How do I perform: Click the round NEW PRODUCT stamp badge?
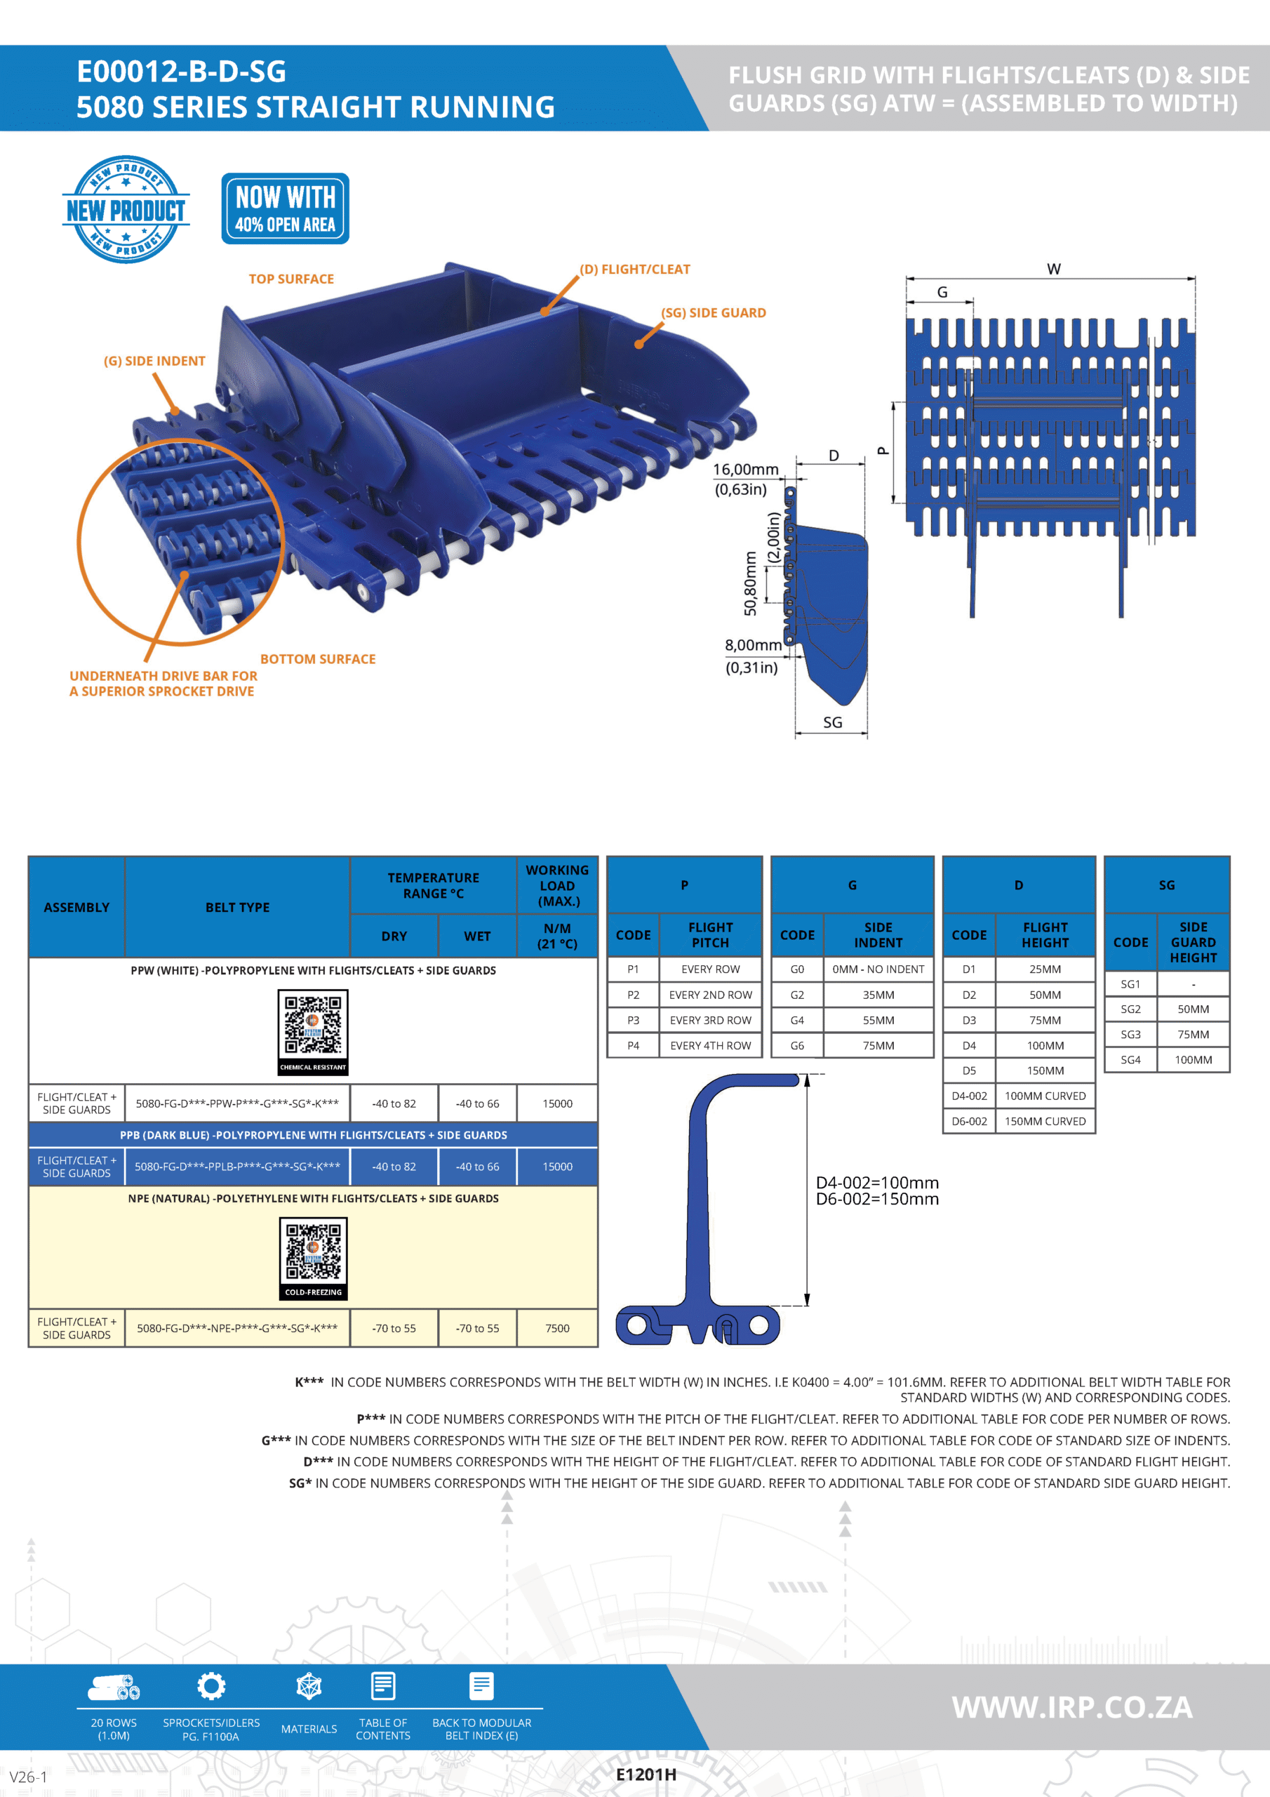pos(126,209)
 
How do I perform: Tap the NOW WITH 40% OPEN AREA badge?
pos(285,209)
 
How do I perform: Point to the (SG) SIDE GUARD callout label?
pos(713,313)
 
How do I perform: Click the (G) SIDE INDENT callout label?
pos(154,361)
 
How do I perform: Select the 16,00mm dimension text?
pos(745,470)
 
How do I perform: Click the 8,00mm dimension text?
pos(752,645)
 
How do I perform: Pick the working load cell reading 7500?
pos(557,1328)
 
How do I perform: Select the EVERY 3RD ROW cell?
pos(710,1021)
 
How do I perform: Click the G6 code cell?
pos(796,1046)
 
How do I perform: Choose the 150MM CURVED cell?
pos(1045,1122)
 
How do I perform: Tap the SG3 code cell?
pos(1130,1035)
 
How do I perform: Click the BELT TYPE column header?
pos(237,907)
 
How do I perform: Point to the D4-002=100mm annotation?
pos(876,1183)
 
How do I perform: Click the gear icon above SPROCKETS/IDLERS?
pos(211,1686)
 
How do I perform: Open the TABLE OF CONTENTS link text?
pos(382,1729)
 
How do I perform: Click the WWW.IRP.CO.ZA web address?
pos(1071,1707)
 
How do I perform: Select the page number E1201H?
pos(646,1775)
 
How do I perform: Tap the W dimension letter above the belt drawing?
pos(1053,270)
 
